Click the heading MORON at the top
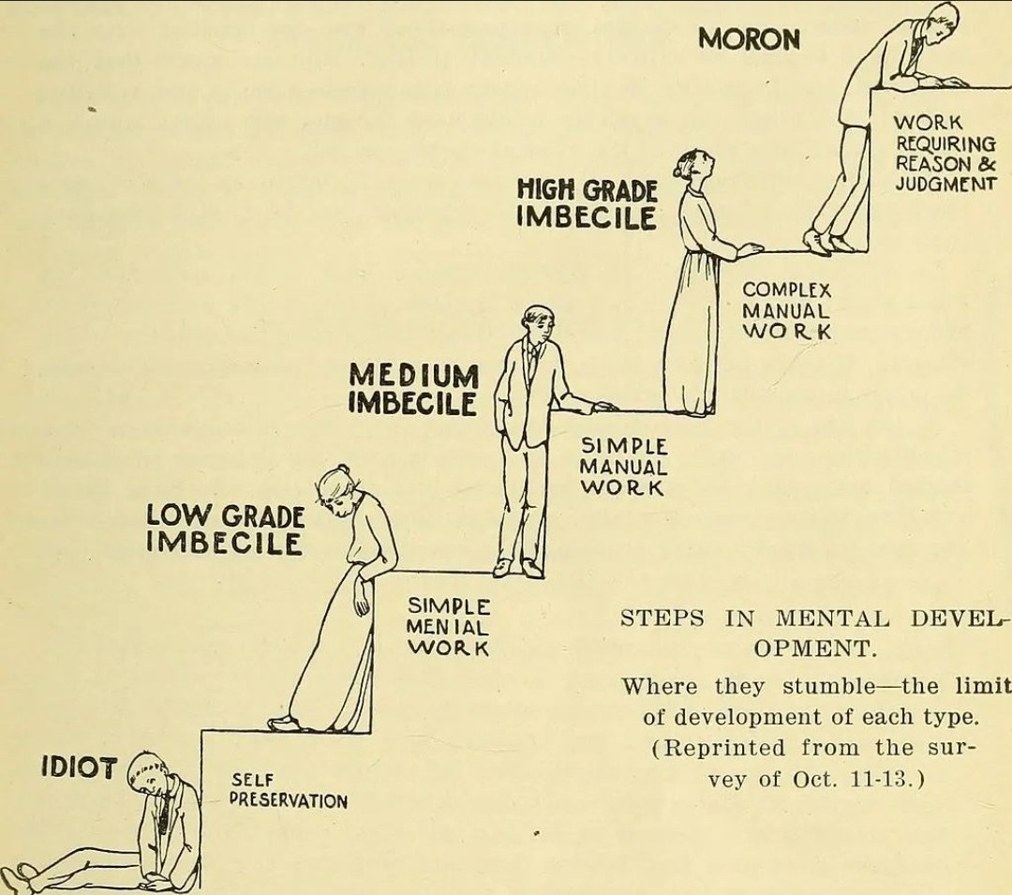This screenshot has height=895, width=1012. [x=750, y=40]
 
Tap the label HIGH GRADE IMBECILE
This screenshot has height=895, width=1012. [x=587, y=204]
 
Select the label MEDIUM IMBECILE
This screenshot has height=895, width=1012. [x=414, y=389]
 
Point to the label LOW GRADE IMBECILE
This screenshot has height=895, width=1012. [x=225, y=530]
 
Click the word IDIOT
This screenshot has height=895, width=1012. [x=80, y=768]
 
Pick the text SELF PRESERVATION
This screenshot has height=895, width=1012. [x=289, y=791]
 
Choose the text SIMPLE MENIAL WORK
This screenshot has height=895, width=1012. [x=449, y=627]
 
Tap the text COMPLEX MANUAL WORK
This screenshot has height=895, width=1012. [x=787, y=310]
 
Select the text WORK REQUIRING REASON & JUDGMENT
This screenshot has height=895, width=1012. [x=945, y=153]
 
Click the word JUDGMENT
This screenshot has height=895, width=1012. [x=945, y=184]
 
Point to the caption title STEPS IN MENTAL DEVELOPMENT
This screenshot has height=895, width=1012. [x=815, y=633]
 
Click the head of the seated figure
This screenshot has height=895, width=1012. [x=146, y=776]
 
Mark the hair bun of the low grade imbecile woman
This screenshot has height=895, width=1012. [x=343, y=470]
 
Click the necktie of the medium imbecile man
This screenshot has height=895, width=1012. [x=532, y=362]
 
